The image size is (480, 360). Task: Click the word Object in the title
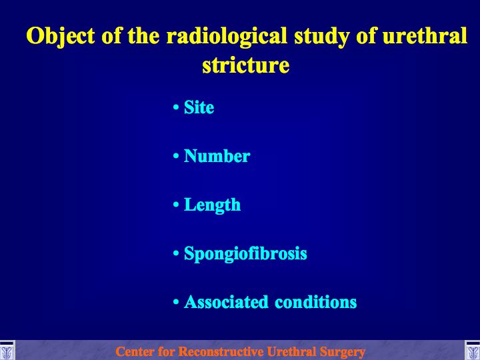(x=60, y=37)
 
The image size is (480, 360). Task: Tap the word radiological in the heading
(x=227, y=37)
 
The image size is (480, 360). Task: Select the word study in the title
(x=321, y=37)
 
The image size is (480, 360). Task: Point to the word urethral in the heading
(x=425, y=35)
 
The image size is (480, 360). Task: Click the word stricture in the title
(x=246, y=65)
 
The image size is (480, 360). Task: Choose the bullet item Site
(x=199, y=107)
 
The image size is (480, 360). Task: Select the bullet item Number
(x=217, y=156)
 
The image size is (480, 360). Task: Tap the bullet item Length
(x=212, y=205)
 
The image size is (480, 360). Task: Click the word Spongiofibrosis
(x=245, y=254)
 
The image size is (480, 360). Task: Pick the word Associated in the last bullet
(x=226, y=302)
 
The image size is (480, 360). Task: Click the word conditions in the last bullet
(x=315, y=302)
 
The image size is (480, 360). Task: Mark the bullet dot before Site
(x=176, y=107)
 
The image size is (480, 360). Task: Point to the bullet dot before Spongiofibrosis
(x=176, y=253)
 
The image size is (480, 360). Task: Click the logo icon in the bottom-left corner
(x=7, y=350)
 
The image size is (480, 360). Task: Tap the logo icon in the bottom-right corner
(x=473, y=350)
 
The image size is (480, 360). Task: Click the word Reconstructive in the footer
(x=221, y=351)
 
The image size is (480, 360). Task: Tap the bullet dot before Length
(x=176, y=205)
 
